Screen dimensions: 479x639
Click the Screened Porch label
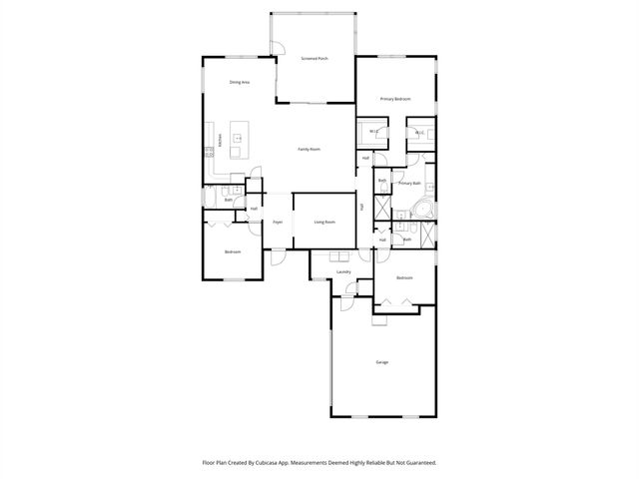pos(316,59)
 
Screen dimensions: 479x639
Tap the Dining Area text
pos(240,82)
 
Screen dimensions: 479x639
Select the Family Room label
pos(310,149)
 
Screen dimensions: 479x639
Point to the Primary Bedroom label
pos(395,99)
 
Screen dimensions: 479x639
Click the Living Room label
pos(324,222)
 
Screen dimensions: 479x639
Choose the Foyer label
pos(279,222)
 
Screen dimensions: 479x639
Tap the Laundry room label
pos(343,271)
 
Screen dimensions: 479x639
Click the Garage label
pos(382,361)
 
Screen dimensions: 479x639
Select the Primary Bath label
pos(409,184)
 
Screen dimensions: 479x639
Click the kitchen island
pos(240,139)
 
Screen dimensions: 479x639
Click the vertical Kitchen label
pos(221,141)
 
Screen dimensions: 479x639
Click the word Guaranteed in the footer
pos(417,463)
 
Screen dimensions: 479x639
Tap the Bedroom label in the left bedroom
pos(233,251)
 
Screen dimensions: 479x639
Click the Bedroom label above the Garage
pos(404,277)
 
